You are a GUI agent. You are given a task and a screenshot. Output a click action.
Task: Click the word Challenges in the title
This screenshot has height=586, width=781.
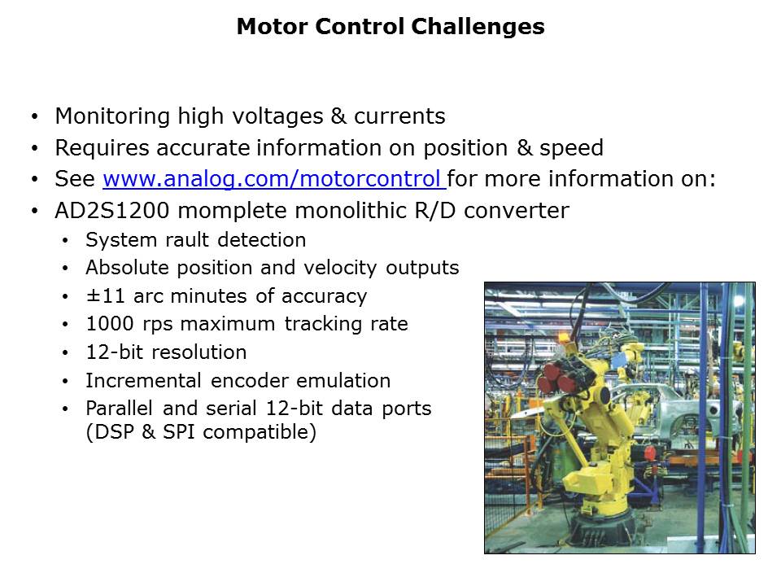[478, 27]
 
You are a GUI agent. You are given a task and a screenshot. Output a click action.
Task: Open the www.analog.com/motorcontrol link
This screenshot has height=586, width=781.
[274, 179]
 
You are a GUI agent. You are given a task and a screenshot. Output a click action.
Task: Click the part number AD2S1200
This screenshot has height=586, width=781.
[112, 211]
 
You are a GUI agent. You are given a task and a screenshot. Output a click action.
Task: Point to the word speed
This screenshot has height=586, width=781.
[571, 148]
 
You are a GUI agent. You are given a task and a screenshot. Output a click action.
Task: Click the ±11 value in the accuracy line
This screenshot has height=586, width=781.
[105, 296]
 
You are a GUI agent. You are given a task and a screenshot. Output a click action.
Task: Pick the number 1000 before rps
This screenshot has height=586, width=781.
[110, 324]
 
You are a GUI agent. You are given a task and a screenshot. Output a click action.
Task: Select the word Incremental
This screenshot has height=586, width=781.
[143, 381]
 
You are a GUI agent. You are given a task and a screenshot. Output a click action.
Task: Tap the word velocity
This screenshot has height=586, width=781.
[340, 269]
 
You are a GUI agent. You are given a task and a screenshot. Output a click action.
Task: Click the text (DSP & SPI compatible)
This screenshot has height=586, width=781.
[201, 432]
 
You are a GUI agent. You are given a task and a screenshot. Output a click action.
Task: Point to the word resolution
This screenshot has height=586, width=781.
[199, 352]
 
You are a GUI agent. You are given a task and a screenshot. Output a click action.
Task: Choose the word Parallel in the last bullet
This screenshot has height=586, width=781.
[119, 409]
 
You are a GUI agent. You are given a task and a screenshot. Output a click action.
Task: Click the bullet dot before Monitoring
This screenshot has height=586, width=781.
[34, 117]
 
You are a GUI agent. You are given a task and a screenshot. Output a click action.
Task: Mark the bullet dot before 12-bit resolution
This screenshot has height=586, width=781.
[65, 353]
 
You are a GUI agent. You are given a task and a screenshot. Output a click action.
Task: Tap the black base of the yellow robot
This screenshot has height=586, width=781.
[604, 529]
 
